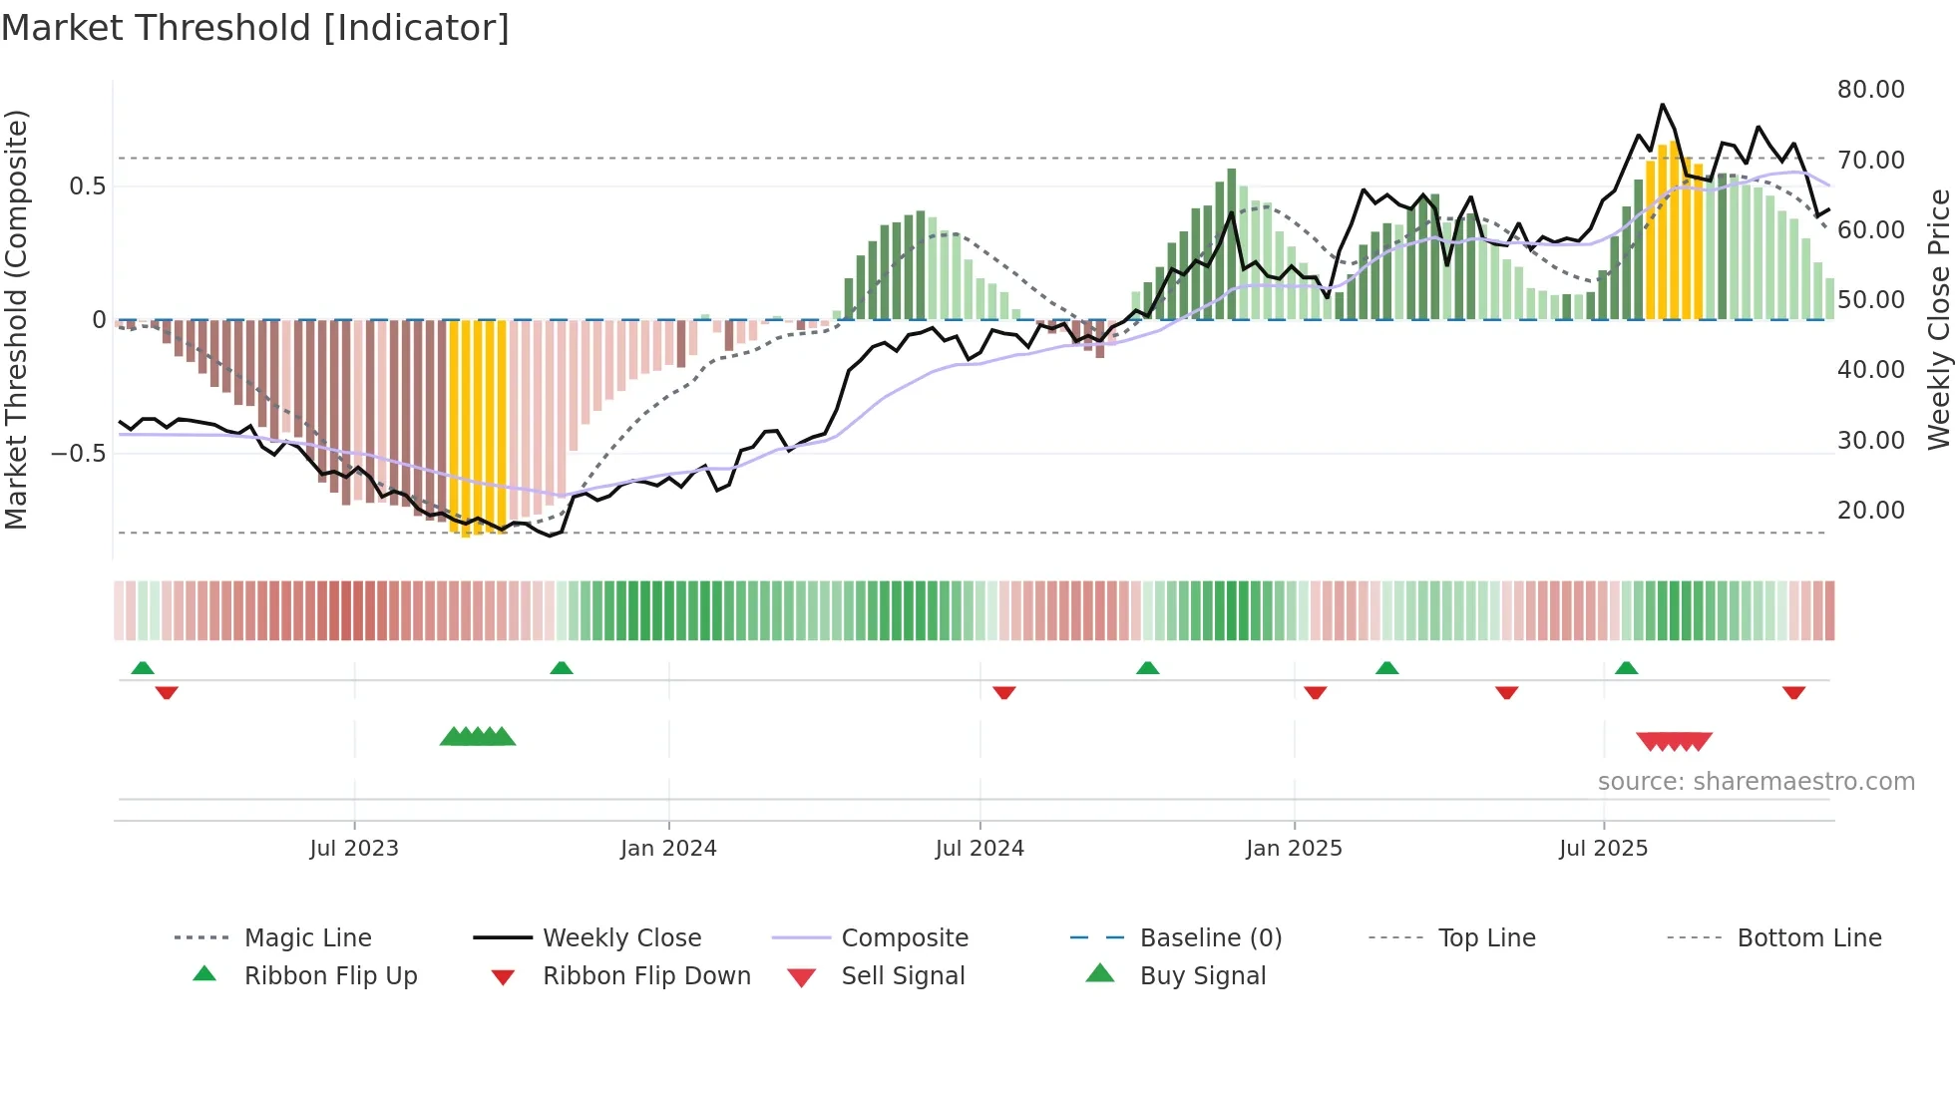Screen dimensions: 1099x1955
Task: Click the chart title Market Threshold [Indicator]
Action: [x=255, y=28]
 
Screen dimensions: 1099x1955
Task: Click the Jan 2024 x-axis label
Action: [x=668, y=849]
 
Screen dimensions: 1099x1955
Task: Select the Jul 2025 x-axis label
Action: [x=1603, y=849]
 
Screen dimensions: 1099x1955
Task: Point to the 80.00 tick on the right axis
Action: [x=1870, y=90]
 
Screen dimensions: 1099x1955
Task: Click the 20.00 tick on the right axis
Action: [x=1870, y=511]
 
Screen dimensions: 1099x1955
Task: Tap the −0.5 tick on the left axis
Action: [x=78, y=454]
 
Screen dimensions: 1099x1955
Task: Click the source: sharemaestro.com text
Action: [x=1756, y=782]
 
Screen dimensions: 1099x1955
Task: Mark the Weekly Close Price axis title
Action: [x=1938, y=319]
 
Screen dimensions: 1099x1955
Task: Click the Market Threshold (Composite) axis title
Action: [x=16, y=319]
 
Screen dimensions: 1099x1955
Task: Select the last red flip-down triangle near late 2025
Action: [x=1793, y=692]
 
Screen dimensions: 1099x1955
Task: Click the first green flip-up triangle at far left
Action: [x=143, y=668]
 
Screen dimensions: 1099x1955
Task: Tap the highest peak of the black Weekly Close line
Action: [x=1662, y=105]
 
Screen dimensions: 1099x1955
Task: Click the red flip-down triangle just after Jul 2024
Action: [x=1004, y=692]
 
